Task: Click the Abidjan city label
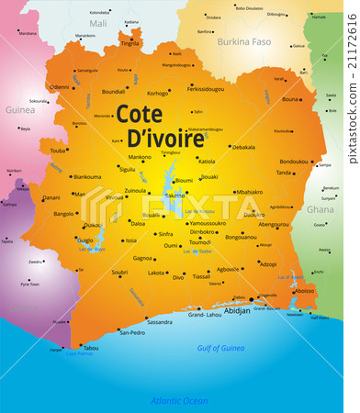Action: click(237, 310)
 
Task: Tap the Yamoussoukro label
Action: click(208, 223)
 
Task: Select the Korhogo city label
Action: click(158, 93)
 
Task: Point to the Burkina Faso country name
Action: click(243, 41)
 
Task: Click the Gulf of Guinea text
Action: click(220, 348)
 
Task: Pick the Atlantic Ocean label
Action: click(179, 400)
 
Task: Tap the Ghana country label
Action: click(320, 209)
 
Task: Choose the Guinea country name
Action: click(19, 109)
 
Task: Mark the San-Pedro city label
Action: click(132, 332)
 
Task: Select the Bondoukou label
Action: click(294, 162)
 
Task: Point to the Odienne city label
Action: click(59, 87)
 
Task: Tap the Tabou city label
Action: click(90, 348)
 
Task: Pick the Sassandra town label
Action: click(159, 322)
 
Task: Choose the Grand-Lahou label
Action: click(204, 315)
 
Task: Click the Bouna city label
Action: click(290, 99)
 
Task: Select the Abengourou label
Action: click(274, 224)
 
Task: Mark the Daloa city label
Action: click(138, 223)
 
